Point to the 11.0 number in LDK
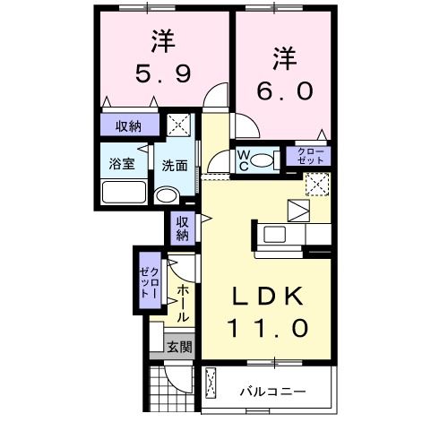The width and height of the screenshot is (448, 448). (268, 328)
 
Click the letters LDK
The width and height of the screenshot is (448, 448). (268, 296)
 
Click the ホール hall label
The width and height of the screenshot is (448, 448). (182, 304)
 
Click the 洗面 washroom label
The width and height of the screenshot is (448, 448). (174, 166)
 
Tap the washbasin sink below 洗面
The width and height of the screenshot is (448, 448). (166, 195)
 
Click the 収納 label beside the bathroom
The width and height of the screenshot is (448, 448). (128, 126)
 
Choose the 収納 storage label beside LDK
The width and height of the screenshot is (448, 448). (182, 228)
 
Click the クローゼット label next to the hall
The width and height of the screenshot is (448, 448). (149, 280)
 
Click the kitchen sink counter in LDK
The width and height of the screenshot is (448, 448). (285, 235)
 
